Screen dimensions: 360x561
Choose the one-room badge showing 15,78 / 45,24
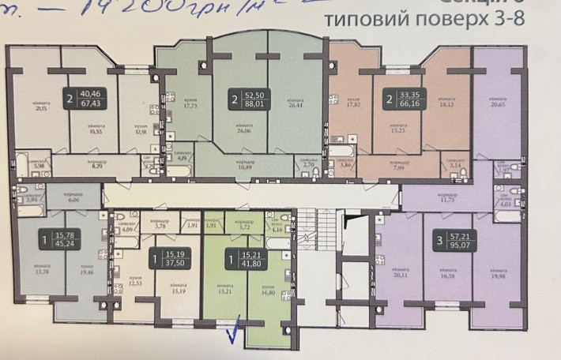tap(60, 238)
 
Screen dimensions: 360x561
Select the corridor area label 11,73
tap(448, 201)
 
